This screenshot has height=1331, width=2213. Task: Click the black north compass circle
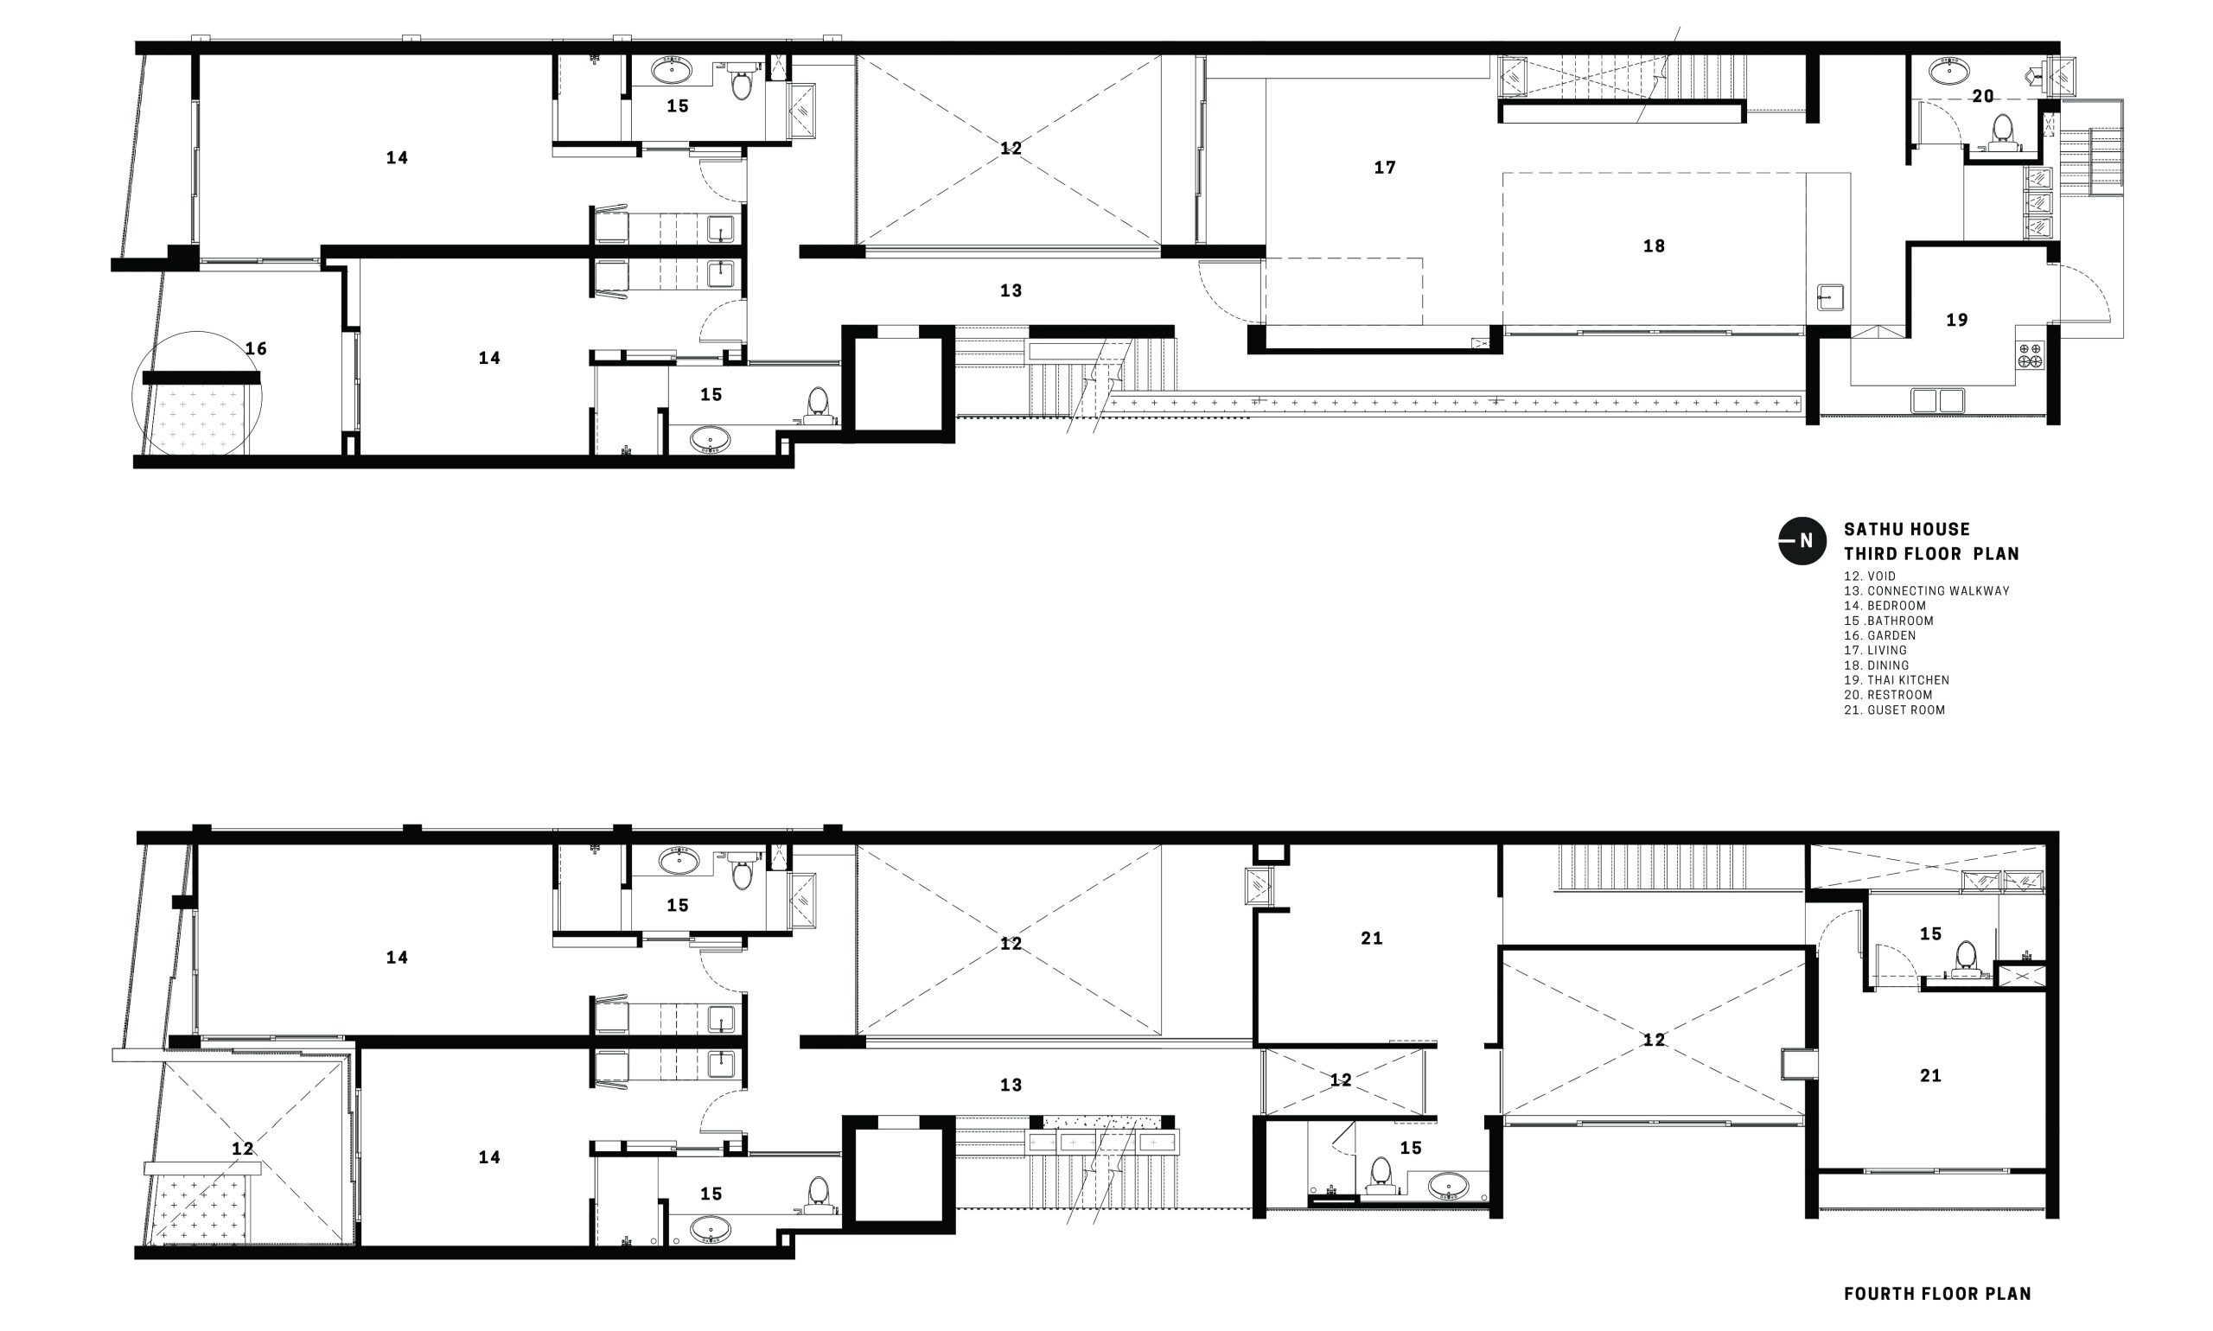click(1802, 541)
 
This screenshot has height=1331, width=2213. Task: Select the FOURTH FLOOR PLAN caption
click(1937, 1293)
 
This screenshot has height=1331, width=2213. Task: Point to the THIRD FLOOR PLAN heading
click(1931, 553)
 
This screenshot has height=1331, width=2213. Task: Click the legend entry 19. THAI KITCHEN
click(1897, 680)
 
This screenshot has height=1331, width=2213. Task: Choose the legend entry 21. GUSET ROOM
click(1895, 710)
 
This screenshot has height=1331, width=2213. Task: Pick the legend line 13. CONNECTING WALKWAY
click(1927, 591)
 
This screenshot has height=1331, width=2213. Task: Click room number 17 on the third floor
click(1384, 168)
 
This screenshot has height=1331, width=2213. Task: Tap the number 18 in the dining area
click(1653, 245)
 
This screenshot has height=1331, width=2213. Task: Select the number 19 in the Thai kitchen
click(1956, 320)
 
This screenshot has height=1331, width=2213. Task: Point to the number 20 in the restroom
click(1982, 96)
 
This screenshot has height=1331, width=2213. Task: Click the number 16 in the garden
click(256, 349)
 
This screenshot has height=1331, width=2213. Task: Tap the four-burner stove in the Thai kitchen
click(2030, 355)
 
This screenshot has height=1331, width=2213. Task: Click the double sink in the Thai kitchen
click(1936, 400)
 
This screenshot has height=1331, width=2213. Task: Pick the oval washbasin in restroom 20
click(1948, 70)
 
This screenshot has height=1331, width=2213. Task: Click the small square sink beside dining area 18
click(1831, 296)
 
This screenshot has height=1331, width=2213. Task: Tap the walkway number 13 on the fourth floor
click(1010, 1086)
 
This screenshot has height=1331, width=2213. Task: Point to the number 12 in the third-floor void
click(1010, 148)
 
